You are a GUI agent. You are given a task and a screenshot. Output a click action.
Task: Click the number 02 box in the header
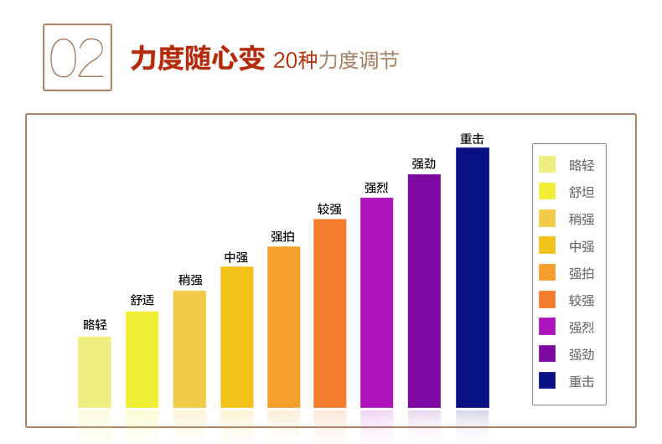click(77, 57)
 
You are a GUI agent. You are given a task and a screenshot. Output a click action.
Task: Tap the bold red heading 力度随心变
click(197, 59)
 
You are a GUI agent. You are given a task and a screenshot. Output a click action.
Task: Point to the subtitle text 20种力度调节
click(335, 60)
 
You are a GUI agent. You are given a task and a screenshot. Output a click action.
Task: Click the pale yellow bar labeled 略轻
click(95, 372)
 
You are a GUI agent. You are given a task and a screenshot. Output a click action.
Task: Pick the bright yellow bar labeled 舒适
click(142, 359)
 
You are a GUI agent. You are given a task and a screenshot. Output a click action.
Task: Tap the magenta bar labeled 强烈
click(376, 302)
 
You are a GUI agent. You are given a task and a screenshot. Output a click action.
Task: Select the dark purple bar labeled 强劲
click(424, 291)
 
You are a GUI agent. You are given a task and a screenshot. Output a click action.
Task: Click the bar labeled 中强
click(236, 337)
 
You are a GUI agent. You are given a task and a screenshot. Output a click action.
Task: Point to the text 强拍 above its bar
click(282, 236)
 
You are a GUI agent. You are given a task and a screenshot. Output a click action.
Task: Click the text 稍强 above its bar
click(190, 280)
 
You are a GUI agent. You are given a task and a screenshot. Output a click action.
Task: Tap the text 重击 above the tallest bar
click(472, 138)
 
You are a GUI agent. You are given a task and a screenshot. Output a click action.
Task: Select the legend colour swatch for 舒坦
click(547, 191)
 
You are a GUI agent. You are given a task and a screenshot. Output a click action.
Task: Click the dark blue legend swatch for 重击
click(547, 380)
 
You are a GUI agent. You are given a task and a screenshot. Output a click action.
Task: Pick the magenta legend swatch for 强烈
click(547, 326)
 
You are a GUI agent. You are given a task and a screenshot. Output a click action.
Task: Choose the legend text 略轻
click(582, 165)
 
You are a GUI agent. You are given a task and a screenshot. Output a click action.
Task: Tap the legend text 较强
click(582, 300)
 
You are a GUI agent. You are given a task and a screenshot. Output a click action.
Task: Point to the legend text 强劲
click(582, 354)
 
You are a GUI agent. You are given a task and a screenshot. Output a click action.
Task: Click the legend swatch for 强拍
click(547, 272)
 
